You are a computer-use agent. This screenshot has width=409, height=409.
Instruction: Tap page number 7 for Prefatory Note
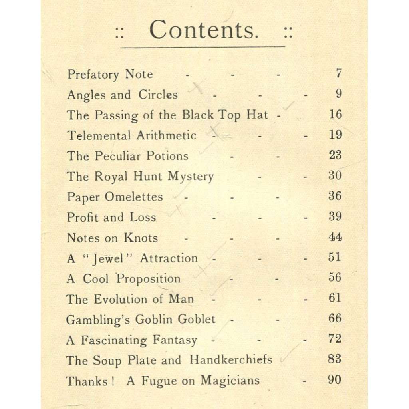tap(338, 73)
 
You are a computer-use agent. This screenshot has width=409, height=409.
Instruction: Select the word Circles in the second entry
tap(158, 95)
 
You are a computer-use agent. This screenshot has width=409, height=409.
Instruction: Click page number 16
tap(335, 114)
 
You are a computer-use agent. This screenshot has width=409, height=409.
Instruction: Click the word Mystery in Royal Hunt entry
tap(191, 176)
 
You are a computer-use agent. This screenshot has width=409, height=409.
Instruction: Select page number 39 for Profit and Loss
tap(335, 216)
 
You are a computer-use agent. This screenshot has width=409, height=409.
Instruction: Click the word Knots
tap(141, 238)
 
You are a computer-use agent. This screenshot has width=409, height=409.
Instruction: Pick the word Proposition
tap(148, 279)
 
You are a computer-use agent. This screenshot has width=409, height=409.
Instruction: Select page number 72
tap(335, 339)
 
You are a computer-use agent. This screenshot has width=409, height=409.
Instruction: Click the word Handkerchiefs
tap(230, 359)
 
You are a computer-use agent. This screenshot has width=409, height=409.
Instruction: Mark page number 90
tap(335, 379)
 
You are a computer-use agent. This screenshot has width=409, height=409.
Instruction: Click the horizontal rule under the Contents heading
tap(203, 47)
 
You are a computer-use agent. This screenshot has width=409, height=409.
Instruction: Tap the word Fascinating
tap(114, 340)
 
